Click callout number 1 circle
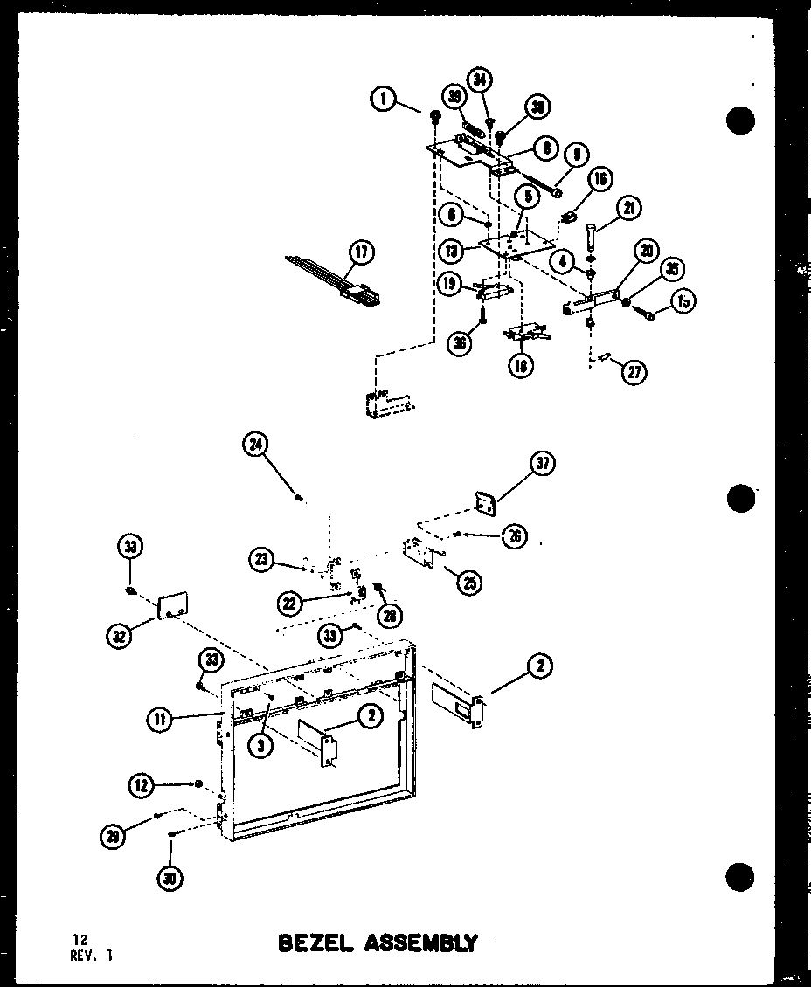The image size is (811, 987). pyautogui.click(x=383, y=100)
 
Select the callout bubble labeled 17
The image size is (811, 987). pyautogui.click(x=360, y=253)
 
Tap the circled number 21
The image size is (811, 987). pyautogui.click(x=629, y=207)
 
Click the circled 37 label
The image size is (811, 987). pyautogui.click(x=543, y=464)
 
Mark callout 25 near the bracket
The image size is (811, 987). pyautogui.click(x=469, y=583)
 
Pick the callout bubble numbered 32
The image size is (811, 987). pyautogui.click(x=120, y=635)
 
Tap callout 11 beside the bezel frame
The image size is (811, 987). pyautogui.click(x=158, y=720)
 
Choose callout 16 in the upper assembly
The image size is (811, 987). pyautogui.click(x=600, y=181)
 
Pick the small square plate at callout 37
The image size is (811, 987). pyautogui.click(x=483, y=505)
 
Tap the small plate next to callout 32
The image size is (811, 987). pyautogui.click(x=174, y=606)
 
